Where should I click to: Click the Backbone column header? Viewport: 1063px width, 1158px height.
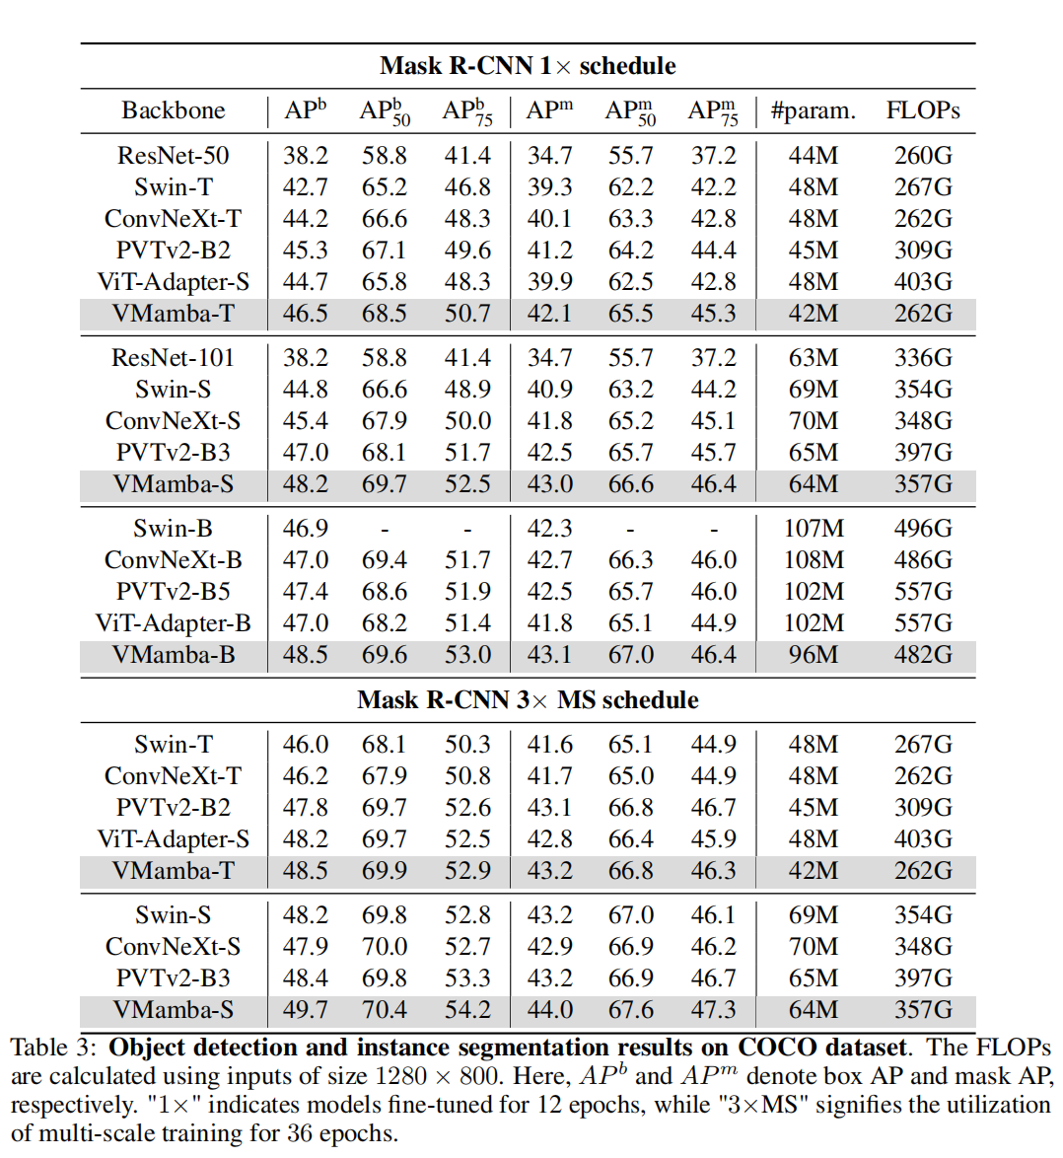coord(173,110)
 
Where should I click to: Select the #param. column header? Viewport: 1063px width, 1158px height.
coord(813,110)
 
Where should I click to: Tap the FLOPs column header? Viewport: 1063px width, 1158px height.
coord(922,110)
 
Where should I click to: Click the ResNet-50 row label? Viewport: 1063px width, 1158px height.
coord(173,156)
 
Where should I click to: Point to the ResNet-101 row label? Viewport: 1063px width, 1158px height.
coord(173,358)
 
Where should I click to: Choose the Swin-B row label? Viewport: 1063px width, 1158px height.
coord(173,529)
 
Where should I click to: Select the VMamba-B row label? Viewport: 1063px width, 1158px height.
coord(173,655)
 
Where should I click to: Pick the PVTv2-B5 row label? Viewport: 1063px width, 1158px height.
coord(173,592)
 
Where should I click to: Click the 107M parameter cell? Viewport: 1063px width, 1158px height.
coord(813,529)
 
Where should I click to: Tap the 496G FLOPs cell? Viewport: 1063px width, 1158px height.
coord(922,529)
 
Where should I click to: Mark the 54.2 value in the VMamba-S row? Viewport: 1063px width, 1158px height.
coord(467,1010)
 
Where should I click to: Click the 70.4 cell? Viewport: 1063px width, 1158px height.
coord(384,1010)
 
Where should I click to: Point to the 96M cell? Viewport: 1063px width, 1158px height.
coord(813,655)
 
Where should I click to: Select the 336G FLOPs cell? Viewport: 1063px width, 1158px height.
coord(922,358)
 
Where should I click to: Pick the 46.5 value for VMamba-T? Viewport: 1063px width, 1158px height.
coord(305,314)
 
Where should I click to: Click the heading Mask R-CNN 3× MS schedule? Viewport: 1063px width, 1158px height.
coord(528,700)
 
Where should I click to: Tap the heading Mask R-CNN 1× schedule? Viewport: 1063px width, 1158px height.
coord(528,66)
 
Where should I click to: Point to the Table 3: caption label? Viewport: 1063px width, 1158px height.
coord(53,1048)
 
